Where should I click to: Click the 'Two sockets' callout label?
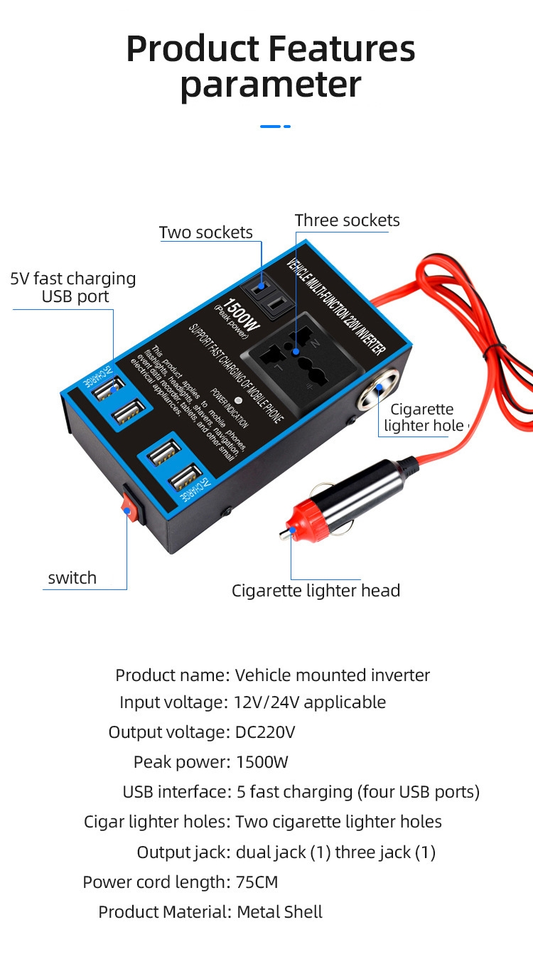[205, 232]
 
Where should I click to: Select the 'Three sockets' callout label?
[347, 220]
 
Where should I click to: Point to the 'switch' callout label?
[72, 578]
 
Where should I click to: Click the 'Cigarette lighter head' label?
[316, 591]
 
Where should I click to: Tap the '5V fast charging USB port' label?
[73, 287]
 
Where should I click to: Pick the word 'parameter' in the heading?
[271, 85]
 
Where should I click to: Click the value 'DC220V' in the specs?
[265, 732]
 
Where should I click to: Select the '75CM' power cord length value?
[257, 882]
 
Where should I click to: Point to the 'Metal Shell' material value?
[279, 912]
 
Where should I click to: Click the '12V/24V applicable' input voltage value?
[310, 702]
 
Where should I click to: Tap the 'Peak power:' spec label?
[181, 763]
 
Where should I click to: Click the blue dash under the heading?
[275, 127]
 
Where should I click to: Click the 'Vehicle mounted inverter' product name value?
[333, 675]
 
